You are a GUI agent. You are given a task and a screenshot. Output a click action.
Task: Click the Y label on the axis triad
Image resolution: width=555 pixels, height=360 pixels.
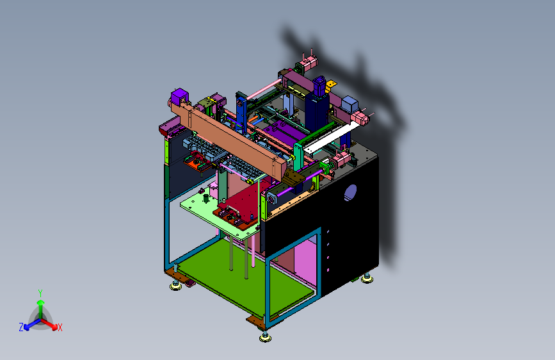pyautogui.click(x=40, y=293)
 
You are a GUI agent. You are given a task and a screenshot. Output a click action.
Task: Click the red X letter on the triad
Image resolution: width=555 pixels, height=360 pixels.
pyautogui.click(x=60, y=328)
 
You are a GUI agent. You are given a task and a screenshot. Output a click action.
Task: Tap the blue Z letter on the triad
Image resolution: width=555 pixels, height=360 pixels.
pyautogui.click(x=21, y=327)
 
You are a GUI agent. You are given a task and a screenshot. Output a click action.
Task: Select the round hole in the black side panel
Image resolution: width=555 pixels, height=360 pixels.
pyautogui.click(x=350, y=193)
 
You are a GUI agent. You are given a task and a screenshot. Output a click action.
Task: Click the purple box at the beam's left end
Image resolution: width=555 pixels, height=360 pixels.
pyautogui.click(x=179, y=97)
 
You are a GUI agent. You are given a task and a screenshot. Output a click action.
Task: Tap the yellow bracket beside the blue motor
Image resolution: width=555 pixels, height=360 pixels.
pyautogui.click(x=332, y=85)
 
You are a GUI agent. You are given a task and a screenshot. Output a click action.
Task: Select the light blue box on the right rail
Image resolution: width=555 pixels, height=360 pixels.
pyautogui.click(x=350, y=104)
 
